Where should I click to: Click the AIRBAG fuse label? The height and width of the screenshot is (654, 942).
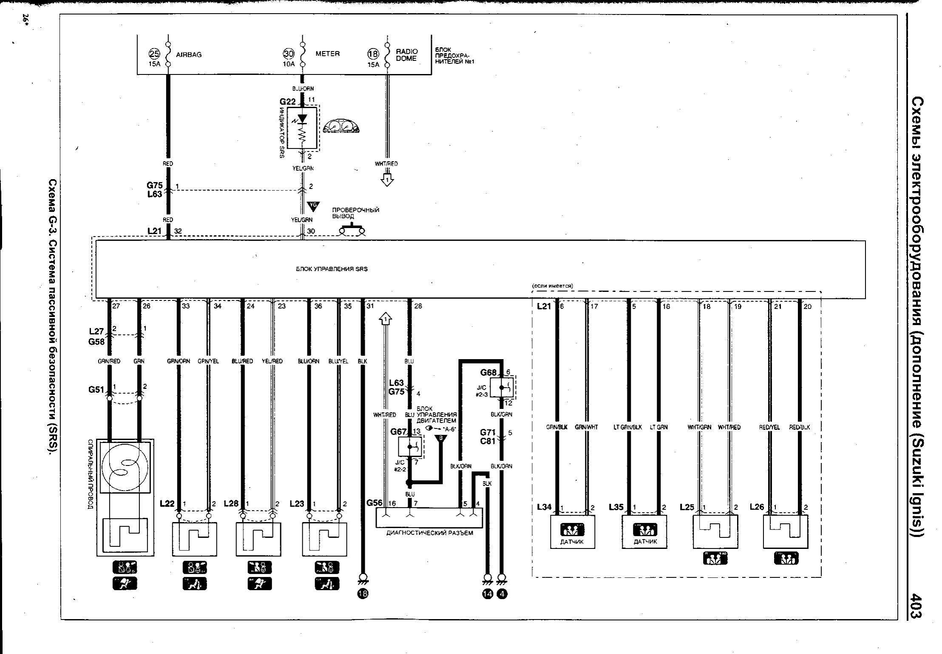188,55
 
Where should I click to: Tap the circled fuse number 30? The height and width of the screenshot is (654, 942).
289,54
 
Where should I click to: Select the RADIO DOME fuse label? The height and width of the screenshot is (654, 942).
407,55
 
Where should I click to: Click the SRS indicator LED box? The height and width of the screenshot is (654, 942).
302,128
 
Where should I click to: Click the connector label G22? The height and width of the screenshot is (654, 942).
287,102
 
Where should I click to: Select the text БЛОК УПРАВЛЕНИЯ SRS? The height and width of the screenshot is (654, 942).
332,269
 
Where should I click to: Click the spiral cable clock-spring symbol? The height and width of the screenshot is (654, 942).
125,466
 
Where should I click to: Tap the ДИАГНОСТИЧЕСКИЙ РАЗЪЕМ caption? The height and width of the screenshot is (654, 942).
429,533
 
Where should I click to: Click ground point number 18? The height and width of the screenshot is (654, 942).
363,594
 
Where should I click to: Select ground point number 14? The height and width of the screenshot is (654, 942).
487,594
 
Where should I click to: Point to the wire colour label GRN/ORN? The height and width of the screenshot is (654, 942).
179,361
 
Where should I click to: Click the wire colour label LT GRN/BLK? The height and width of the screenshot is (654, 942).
627,427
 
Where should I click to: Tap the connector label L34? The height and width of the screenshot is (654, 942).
544,507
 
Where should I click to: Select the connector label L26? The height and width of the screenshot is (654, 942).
757,507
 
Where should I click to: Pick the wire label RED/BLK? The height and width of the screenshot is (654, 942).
800,427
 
